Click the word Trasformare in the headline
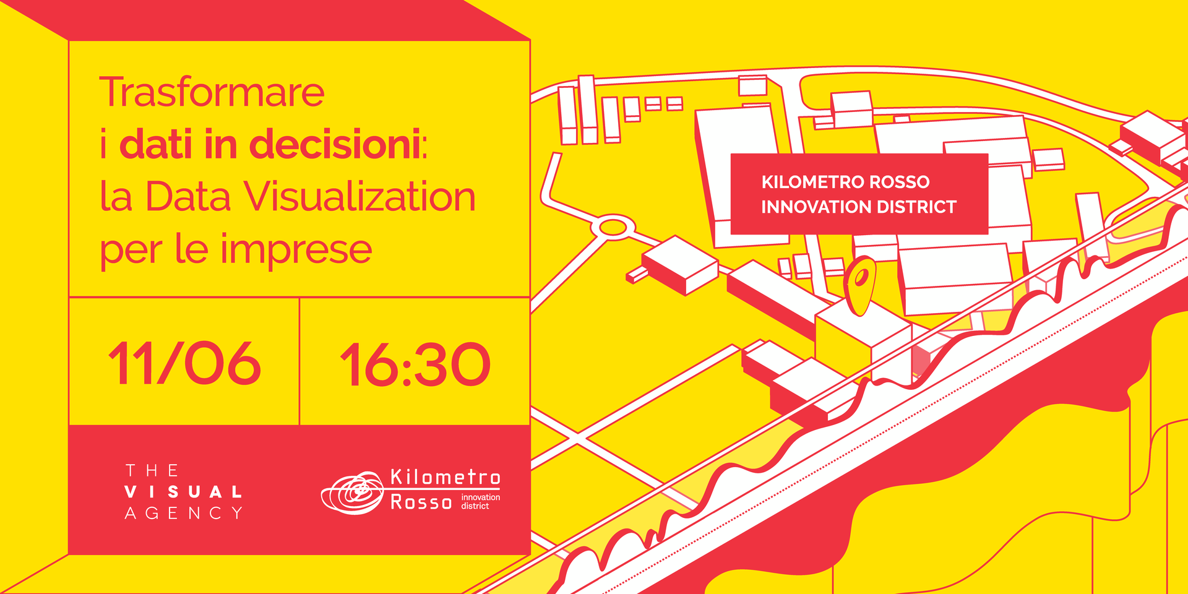(212, 92)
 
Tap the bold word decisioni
(335, 144)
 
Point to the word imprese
(296, 251)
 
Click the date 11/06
(184, 364)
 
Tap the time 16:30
(415, 365)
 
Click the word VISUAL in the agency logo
(183, 492)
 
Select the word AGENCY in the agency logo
(184, 513)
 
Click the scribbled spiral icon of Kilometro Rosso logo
(353, 493)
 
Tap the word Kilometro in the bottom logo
(445, 477)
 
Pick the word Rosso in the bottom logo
(421, 502)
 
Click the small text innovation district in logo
(480, 501)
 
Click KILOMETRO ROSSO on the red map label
(845, 182)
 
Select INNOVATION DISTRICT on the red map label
(859, 207)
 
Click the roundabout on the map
(613, 227)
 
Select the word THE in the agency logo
(152, 471)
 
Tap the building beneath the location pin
(863, 346)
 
